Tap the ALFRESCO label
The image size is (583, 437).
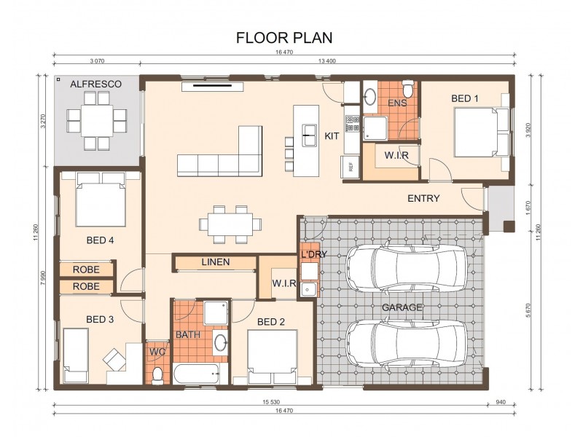95,84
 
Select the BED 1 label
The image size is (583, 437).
465,98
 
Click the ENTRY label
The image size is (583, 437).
423,198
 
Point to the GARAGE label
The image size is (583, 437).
402,307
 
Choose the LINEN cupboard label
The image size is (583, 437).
215,262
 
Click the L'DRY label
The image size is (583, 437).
314,254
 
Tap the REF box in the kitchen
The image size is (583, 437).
351,166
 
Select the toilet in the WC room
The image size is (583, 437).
157,374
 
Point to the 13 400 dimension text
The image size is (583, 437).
326,61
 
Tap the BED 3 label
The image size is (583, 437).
100,318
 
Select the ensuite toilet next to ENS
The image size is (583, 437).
410,90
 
